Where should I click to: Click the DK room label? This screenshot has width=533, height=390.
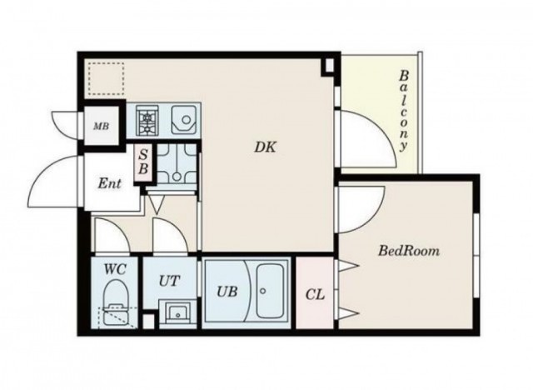click(x=266, y=147)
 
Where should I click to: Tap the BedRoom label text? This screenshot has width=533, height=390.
click(x=409, y=251)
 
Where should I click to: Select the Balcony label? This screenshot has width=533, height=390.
click(x=403, y=111)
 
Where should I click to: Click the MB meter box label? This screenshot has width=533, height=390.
click(x=102, y=127)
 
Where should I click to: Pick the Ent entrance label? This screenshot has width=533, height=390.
click(x=109, y=183)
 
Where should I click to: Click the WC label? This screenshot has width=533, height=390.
click(x=115, y=269)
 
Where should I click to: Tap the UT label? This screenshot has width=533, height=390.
click(x=169, y=281)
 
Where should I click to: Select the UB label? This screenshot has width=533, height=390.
click(x=227, y=292)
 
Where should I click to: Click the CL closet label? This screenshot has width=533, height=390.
click(x=315, y=294)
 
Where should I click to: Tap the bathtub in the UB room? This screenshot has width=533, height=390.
click(x=270, y=291)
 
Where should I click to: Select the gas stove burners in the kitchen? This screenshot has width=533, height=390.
click(x=147, y=119)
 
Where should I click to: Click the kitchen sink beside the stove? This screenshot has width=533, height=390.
click(x=184, y=119)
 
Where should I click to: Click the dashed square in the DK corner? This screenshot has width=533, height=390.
click(x=106, y=78)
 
